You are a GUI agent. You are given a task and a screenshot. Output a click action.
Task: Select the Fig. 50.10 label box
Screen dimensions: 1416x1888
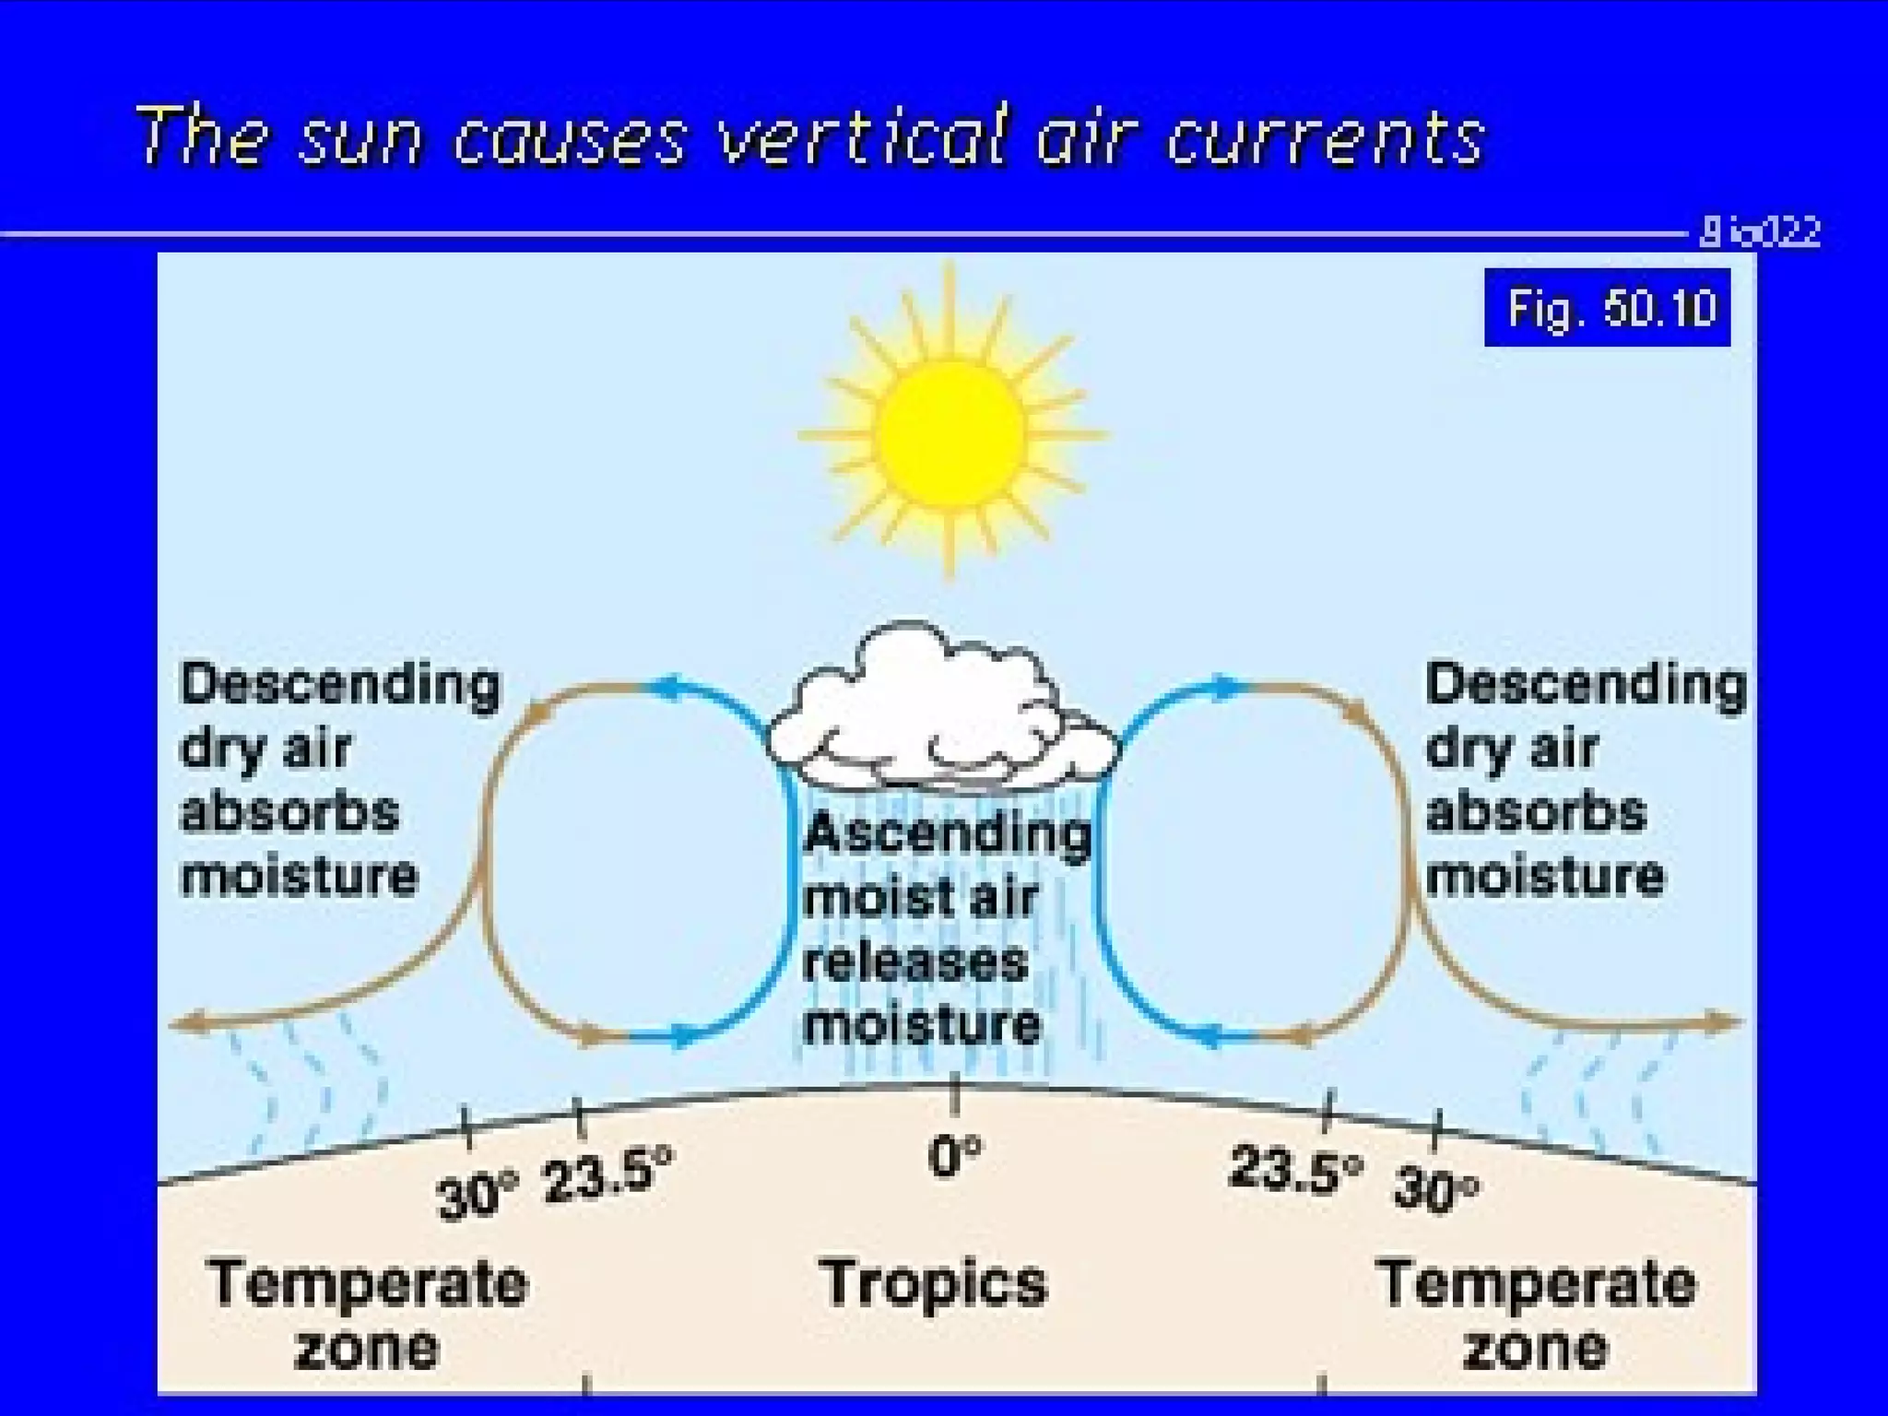[x=1607, y=308]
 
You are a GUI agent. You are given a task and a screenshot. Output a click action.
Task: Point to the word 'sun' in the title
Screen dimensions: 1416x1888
[x=360, y=138]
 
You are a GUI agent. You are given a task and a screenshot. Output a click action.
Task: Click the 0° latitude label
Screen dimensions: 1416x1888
[x=954, y=1157]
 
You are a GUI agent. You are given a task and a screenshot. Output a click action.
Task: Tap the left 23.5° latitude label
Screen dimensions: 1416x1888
[x=608, y=1174]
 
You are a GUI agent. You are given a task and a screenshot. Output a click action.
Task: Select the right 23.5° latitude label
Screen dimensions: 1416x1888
[x=1295, y=1170]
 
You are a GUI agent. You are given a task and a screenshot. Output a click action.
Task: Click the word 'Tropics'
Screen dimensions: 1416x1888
[x=933, y=1283]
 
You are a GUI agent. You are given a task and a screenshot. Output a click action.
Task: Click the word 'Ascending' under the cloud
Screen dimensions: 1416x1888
[x=947, y=833]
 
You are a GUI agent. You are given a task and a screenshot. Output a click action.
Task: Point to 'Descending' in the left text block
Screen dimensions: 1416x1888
[x=340, y=686]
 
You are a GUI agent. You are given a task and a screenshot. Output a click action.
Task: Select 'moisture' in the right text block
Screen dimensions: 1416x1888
[x=1545, y=876]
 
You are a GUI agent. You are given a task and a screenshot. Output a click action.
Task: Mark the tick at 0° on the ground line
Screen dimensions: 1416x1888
[x=955, y=1093]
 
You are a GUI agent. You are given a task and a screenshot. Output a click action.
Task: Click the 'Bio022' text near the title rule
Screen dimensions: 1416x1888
[x=1760, y=231]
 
